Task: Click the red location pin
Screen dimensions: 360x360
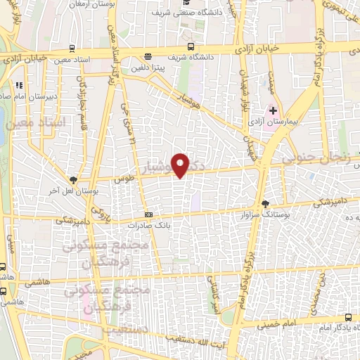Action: pos(181,165)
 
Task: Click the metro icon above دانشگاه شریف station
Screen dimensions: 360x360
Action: pos(147,57)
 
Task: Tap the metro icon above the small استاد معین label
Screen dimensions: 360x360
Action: pos(72,49)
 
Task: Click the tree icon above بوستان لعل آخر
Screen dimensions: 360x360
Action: pos(74,180)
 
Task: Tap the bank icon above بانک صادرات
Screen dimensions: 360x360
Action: pos(148,214)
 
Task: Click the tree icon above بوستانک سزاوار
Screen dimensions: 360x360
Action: pos(265,205)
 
